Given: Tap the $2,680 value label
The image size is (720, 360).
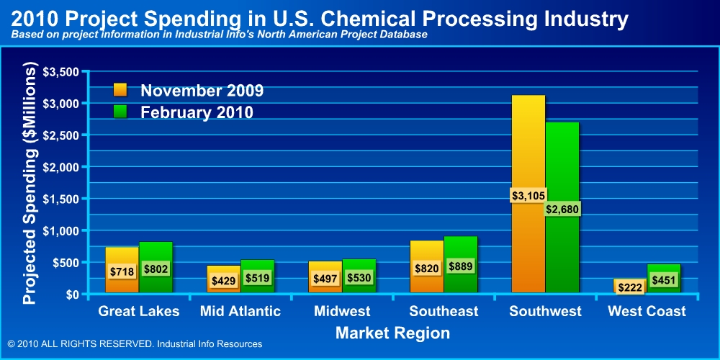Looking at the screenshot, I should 562,209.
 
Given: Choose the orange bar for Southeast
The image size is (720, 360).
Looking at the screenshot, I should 426,252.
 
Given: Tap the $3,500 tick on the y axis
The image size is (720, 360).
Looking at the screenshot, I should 62,72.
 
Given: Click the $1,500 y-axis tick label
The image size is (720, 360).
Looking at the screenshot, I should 62,199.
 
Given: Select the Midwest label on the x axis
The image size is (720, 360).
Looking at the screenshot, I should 342,311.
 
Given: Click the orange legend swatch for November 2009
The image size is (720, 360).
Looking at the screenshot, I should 120,90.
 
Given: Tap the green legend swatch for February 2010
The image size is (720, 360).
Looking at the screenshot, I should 120,112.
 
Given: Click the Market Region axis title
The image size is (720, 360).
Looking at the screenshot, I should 392,333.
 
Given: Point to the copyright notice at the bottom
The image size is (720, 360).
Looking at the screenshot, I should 135,344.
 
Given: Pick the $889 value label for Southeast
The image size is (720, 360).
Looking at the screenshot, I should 460,266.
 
